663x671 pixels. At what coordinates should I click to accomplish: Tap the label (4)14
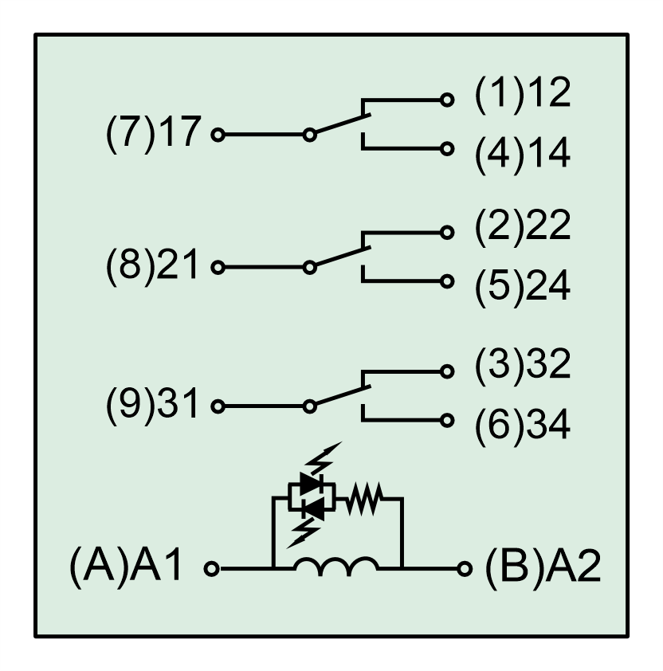tap(523, 154)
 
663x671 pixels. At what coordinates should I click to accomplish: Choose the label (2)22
tap(523, 228)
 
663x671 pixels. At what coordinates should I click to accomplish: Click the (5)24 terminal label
tap(523, 287)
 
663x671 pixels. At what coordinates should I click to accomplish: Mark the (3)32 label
tap(523, 364)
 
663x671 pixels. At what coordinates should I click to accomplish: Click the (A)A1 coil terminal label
tap(127, 569)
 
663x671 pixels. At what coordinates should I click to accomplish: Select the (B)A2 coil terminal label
tap(542, 569)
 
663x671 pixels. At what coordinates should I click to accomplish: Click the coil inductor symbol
tap(335, 567)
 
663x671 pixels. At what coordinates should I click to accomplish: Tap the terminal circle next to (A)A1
tap(212, 569)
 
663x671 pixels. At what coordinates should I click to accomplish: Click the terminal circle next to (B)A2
tap(465, 569)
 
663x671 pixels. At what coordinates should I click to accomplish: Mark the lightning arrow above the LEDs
tap(326, 457)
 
